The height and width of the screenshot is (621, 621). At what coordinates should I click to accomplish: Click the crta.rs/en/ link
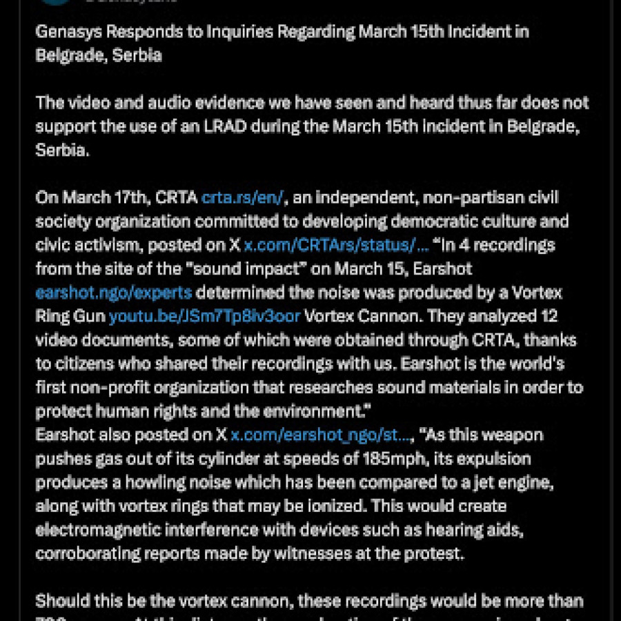[242, 198]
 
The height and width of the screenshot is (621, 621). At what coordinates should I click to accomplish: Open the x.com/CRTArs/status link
[337, 245]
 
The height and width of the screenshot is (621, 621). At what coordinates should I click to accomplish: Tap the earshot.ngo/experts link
[114, 293]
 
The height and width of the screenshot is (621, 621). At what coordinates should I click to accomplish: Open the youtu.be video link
[204, 317]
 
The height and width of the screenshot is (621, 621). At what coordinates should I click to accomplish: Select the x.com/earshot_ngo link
[322, 435]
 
